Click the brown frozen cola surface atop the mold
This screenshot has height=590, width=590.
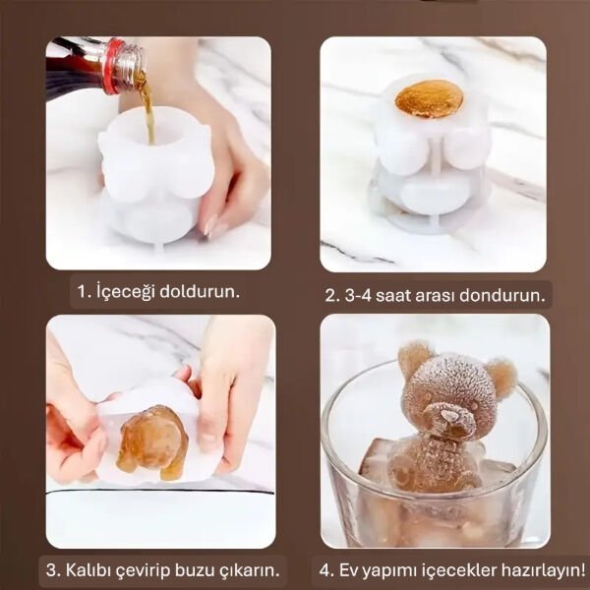point(429,99)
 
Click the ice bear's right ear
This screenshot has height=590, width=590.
point(501,376)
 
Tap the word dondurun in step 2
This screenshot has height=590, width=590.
point(508,294)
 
